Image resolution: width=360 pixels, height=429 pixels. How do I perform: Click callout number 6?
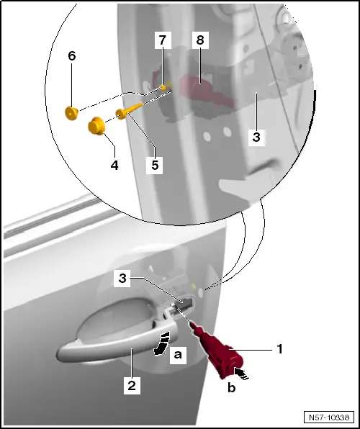coord(72,56)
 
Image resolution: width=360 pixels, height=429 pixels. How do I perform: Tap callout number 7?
coord(163,40)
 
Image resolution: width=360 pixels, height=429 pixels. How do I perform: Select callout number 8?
coord(200,40)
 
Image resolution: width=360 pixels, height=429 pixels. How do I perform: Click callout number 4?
coord(114,166)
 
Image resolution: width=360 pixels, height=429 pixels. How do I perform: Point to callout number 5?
coord(155,166)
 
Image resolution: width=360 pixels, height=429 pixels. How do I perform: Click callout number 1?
coord(279,349)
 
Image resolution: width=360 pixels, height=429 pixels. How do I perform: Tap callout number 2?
coord(132,386)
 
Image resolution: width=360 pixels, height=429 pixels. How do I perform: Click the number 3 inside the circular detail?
coord(256,137)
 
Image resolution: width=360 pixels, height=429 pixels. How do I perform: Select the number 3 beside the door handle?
coord(122,279)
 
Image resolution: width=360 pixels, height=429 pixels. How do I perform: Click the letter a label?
coord(178,355)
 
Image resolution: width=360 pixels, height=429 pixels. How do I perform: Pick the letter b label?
coord(232,387)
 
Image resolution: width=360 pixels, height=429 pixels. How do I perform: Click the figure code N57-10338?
coord(329,417)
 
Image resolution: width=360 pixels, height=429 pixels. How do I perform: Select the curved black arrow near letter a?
coord(162,343)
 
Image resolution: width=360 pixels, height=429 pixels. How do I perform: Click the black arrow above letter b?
coord(241,373)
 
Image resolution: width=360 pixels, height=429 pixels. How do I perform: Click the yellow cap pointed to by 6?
coord(71,113)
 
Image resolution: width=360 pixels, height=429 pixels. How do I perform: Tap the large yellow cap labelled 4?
coord(96,126)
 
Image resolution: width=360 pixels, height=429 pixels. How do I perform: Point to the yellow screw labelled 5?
coord(129,110)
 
